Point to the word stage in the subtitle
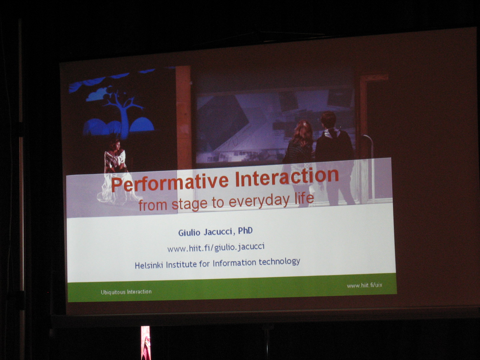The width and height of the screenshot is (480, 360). point(189,204)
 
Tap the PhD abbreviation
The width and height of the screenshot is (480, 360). point(245,231)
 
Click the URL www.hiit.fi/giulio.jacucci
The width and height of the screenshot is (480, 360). point(216,248)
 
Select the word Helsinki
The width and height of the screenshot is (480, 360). point(149,265)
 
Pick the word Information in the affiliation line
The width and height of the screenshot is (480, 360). point(234,263)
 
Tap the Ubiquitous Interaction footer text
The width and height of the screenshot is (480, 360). point(126,292)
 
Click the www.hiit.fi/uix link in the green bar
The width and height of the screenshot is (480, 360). point(364,285)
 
